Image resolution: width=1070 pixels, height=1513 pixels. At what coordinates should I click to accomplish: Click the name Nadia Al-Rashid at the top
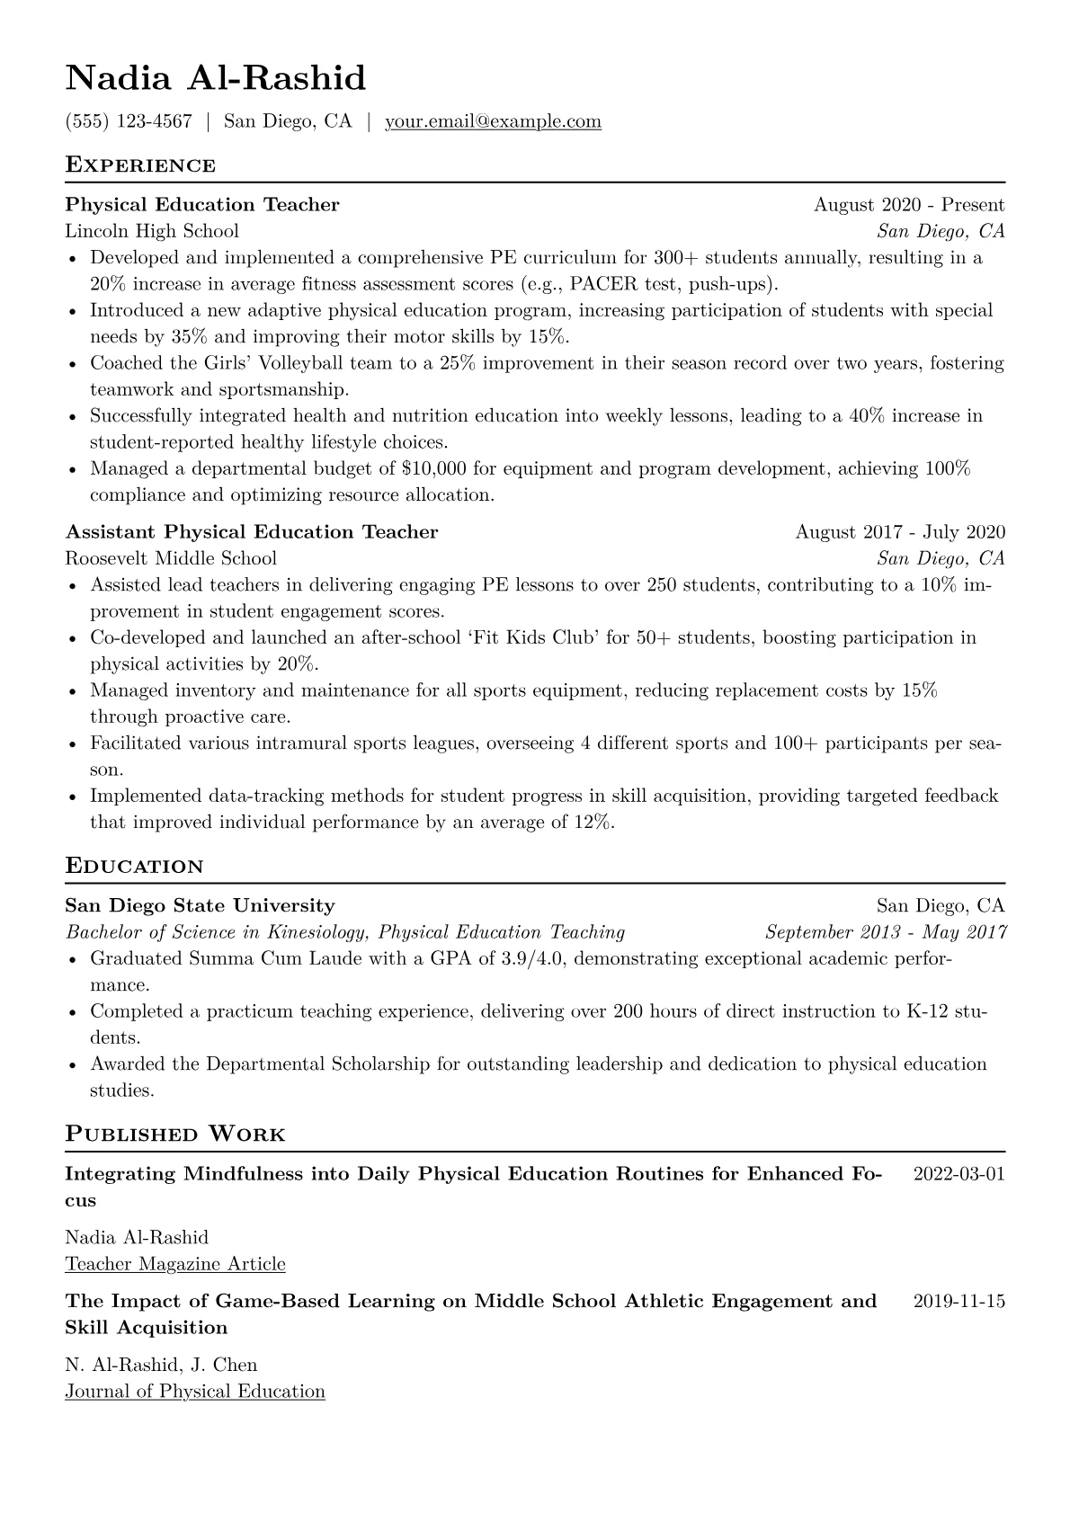[x=216, y=79]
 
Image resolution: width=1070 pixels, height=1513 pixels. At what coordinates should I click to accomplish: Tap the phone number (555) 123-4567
[x=129, y=121]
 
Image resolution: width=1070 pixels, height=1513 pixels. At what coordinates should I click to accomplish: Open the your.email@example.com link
[x=493, y=121]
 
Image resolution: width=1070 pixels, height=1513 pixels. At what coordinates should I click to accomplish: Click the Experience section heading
[x=140, y=165]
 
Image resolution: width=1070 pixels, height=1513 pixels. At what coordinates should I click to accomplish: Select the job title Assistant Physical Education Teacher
[x=252, y=532]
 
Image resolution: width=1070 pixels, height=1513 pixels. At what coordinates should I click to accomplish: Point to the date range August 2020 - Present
[x=909, y=205]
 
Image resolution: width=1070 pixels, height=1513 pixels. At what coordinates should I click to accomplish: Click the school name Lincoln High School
[x=152, y=231]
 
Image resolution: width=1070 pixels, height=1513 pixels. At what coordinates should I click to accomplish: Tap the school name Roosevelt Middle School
[x=171, y=558]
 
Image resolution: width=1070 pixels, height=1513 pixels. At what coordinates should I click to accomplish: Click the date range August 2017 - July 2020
[x=900, y=532]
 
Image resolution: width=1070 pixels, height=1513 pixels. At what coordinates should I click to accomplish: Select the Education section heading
[x=135, y=867]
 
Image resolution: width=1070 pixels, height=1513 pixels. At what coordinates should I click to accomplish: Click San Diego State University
[x=200, y=905]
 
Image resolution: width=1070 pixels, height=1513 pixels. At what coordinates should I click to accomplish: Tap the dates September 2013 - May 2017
[x=886, y=932]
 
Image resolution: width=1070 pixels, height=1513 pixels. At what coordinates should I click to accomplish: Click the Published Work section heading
[x=175, y=1135]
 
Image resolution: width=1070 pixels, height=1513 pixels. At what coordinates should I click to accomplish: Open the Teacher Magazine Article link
[x=175, y=1264]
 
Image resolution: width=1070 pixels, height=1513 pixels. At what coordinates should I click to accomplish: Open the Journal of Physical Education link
[x=195, y=1392]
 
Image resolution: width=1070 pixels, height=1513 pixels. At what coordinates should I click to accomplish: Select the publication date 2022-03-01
[x=959, y=1174]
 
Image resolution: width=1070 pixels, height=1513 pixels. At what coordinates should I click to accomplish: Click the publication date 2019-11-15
[x=959, y=1301]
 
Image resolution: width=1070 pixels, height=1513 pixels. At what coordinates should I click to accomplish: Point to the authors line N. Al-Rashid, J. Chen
[x=161, y=1366]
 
